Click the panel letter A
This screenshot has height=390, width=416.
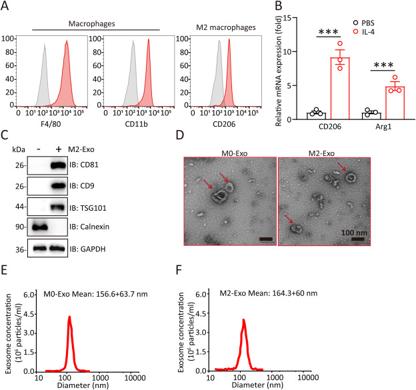6,7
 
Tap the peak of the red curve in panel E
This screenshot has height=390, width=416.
87,317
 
